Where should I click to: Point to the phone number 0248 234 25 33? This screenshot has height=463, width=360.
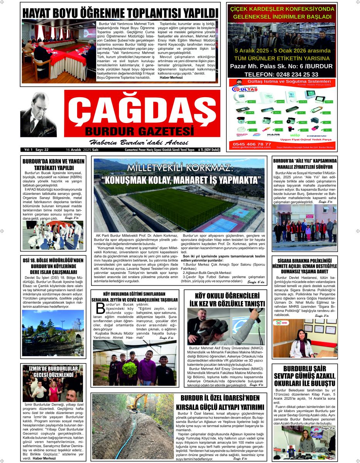point(282,74)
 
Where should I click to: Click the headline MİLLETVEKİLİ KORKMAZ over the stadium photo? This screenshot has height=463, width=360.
point(181,169)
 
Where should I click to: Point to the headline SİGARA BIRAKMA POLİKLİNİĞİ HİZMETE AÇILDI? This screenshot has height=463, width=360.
point(304,266)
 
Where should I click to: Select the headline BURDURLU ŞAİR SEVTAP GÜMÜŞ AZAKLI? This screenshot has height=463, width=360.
point(304,376)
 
